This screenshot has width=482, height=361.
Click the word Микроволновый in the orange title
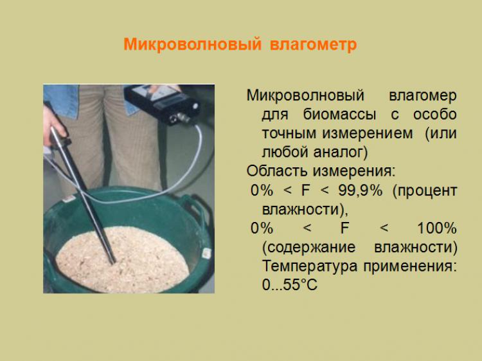(192, 44)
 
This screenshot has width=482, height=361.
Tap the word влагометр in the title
(314, 44)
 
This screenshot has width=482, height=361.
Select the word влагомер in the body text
(423, 96)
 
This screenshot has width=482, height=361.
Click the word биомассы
(340, 115)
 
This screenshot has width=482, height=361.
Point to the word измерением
(368, 133)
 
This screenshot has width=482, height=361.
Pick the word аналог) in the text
(341, 152)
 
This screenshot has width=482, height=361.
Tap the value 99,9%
(361, 190)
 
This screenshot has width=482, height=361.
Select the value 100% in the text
(437, 228)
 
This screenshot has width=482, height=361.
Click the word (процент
(425, 191)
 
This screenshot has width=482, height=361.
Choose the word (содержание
(309, 248)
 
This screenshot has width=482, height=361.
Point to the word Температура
(310, 266)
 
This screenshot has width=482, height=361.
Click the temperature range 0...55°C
(290, 284)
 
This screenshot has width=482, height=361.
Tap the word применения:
(410, 266)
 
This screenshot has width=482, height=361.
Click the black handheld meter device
(163, 103)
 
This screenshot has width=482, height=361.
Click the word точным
(289, 133)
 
